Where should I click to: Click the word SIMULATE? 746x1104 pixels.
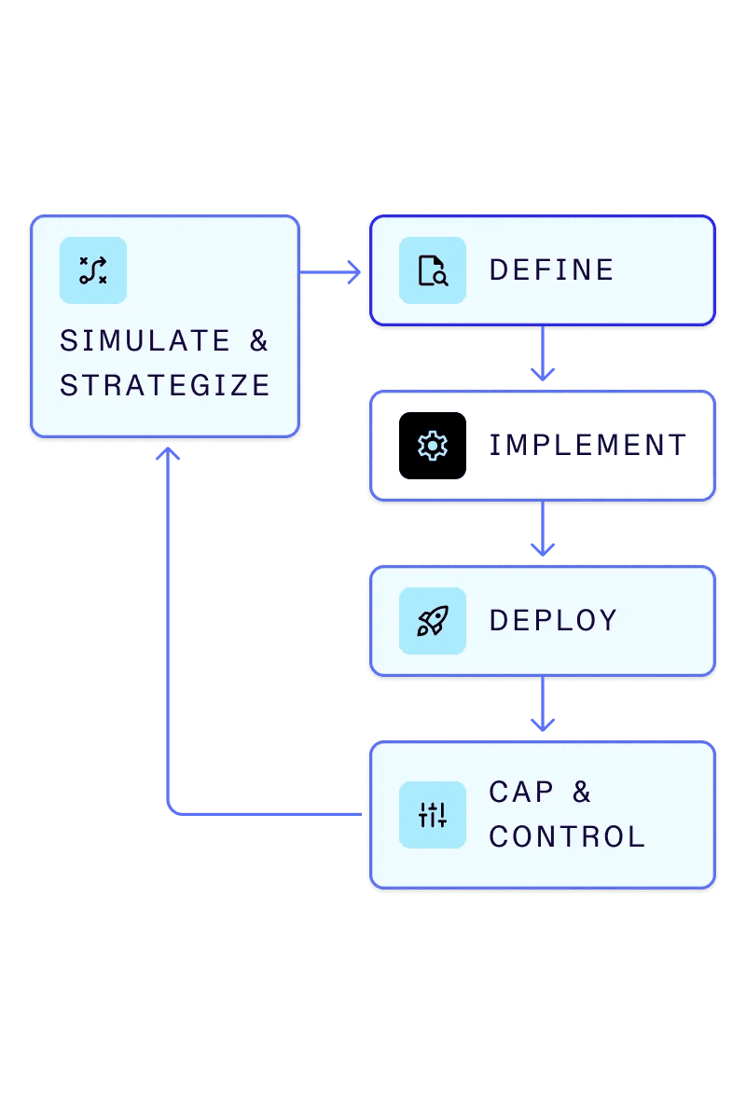145,341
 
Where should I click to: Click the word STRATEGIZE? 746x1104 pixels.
165,386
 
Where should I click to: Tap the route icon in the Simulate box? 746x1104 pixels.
93,270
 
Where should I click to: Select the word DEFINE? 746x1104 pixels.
551,270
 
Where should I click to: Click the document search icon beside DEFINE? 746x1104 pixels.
433,270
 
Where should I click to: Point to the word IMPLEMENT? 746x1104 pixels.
587,446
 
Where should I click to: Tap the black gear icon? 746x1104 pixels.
433,446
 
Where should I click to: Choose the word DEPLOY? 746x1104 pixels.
553,621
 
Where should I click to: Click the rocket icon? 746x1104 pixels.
433,621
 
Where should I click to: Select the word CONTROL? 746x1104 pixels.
567,837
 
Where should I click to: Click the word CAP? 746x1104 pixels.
521,793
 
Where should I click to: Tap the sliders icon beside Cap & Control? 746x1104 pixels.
433,815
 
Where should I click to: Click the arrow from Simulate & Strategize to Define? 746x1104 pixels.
331,272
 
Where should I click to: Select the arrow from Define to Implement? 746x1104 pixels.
543,355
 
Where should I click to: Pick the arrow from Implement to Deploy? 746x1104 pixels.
543,531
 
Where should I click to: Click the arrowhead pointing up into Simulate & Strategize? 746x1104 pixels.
168,453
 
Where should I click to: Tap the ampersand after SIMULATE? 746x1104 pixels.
258,341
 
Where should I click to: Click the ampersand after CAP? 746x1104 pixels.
582,793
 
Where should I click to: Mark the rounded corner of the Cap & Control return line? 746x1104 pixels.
172,810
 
